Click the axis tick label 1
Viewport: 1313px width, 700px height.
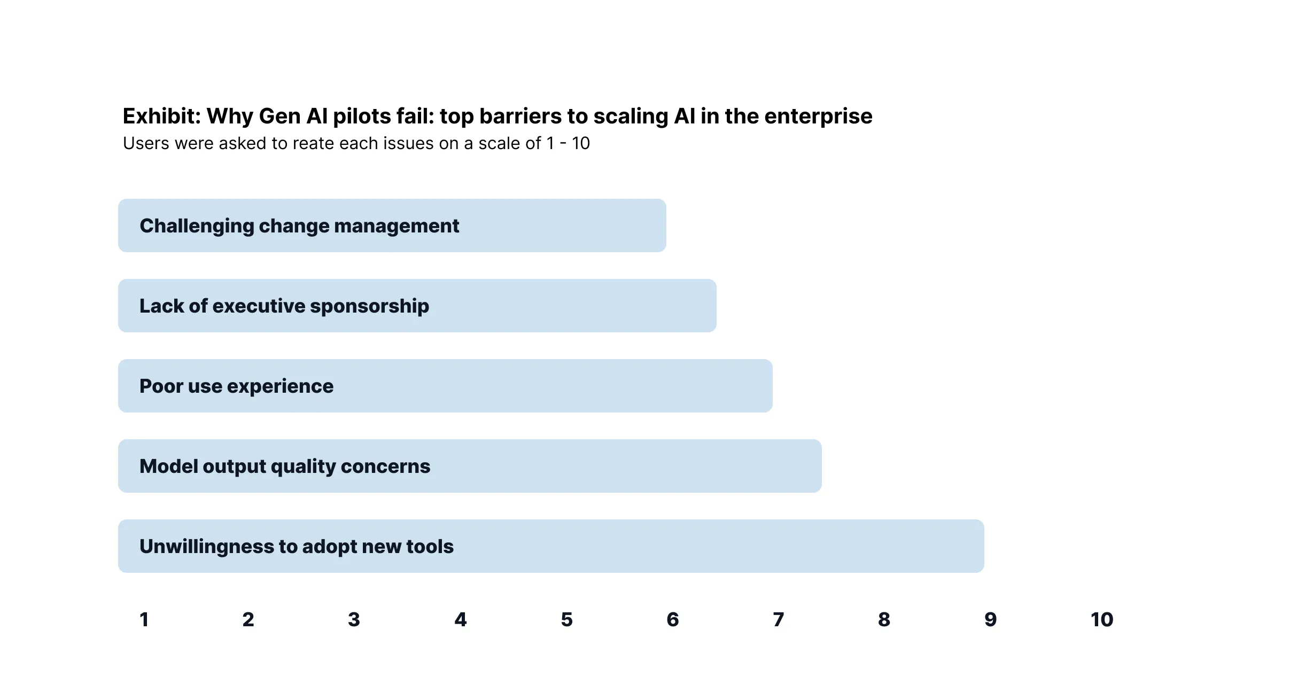click(144, 619)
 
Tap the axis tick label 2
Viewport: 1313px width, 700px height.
click(248, 619)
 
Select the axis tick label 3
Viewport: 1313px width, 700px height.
click(354, 619)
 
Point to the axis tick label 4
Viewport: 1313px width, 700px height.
click(461, 619)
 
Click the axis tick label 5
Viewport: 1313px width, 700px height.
click(567, 619)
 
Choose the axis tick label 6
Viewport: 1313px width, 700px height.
click(673, 619)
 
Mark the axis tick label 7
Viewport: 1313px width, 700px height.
click(779, 619)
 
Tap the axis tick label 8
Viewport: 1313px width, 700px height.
click(884, 619)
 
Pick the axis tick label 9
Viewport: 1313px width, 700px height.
click(991, 619)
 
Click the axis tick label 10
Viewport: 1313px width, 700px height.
click(1102, 619)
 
